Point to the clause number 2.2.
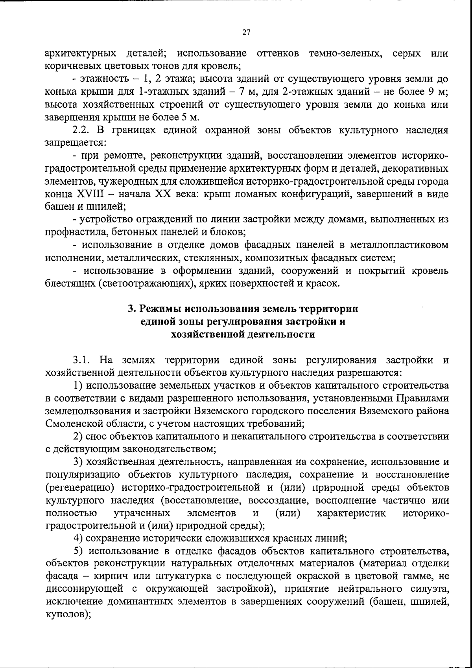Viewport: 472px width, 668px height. coord(81,130)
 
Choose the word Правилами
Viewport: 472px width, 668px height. coord(422,398)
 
